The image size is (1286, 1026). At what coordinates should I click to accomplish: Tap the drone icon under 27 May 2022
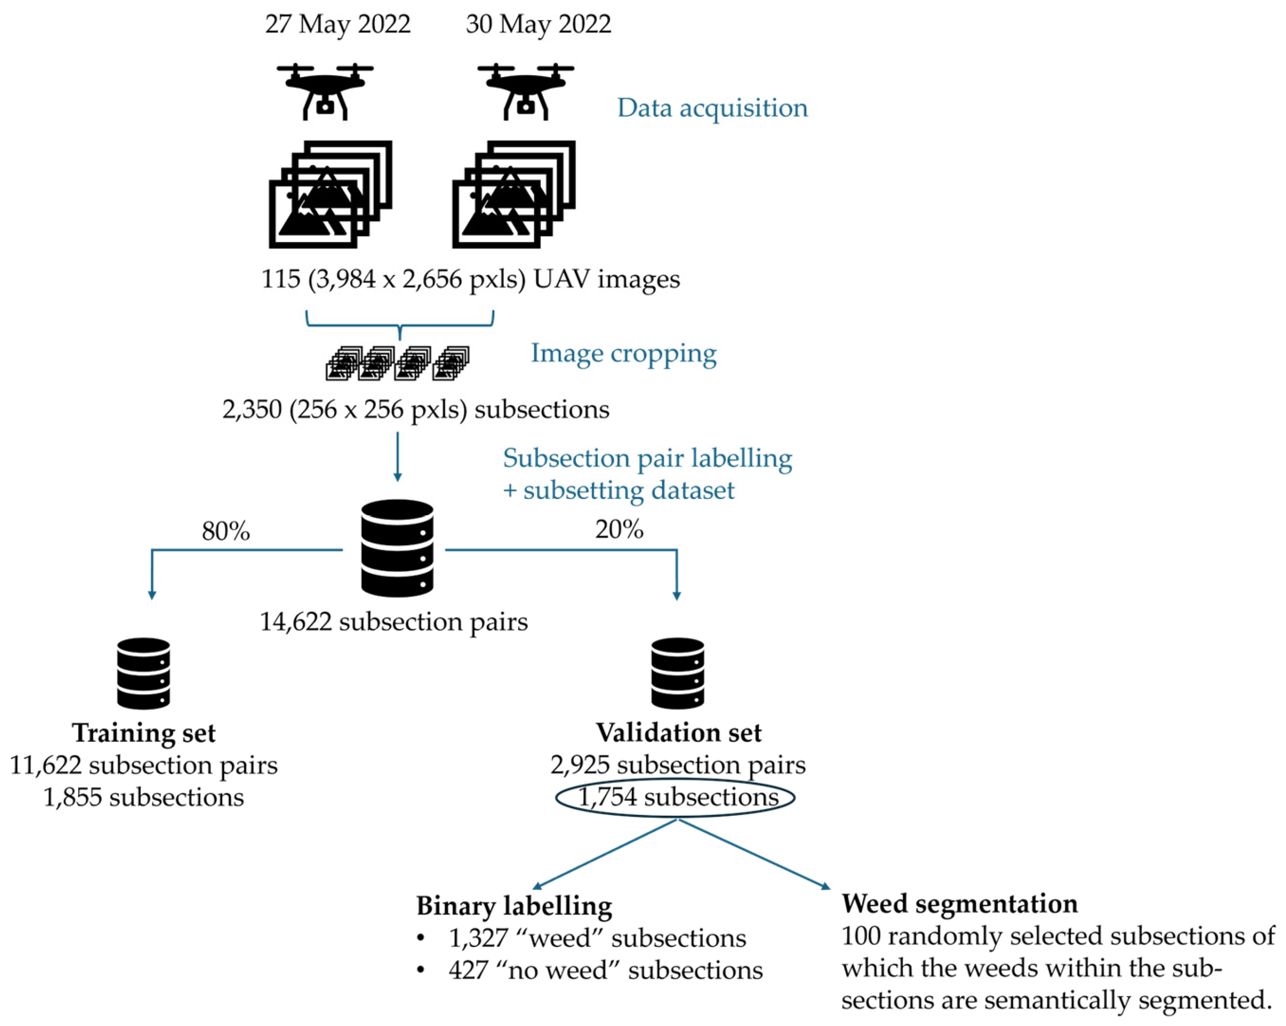click(325, 92)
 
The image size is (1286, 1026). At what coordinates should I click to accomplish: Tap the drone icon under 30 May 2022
click(526, 92)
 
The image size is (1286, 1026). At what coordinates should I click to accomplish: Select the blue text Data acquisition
click(712, 108)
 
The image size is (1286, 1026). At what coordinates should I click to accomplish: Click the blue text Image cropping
click(623, 353)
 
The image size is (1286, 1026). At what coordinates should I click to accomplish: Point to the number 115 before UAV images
click(280, 279)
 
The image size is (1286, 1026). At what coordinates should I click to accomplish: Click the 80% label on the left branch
click(225, 530)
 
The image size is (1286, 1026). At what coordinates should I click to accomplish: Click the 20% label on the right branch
click(619, 529)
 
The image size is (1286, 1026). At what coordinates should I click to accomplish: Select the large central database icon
click(397, 548)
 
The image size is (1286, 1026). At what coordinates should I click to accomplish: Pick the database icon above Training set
click(144, 673)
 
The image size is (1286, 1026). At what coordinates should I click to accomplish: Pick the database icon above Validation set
click(678, 673)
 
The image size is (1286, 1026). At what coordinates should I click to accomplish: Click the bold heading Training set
click(144, 733)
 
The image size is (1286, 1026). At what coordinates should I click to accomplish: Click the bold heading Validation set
click(679, 733)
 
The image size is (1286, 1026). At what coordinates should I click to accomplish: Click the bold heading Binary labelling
click(513, 906)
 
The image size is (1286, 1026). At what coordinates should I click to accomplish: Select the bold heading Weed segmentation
click(959, 904)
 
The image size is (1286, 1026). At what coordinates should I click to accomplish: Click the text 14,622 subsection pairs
click(394, 622)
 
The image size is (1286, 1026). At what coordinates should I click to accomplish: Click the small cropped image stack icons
click(397, 363)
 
